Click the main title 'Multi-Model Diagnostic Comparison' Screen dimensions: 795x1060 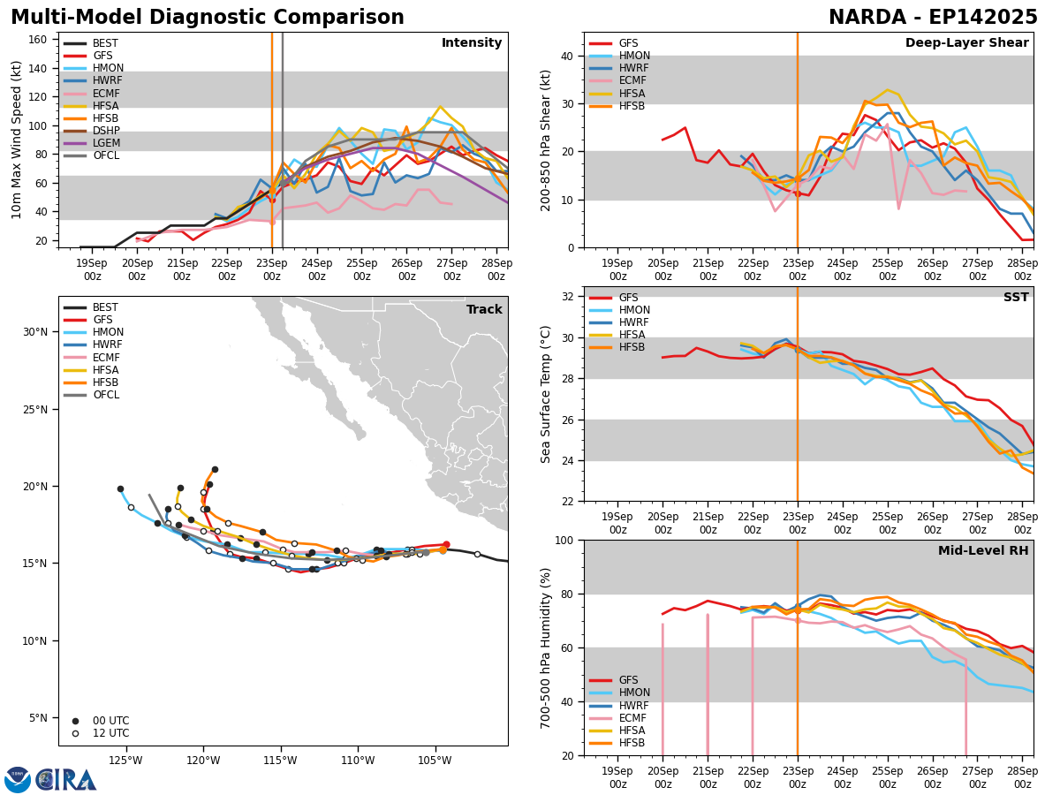[x=207, y=18]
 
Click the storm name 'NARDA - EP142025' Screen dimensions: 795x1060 [x=933, y=18]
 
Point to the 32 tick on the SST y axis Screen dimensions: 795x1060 [x=570, y=296]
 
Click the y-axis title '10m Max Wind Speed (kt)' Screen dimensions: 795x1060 [x=18, y=140]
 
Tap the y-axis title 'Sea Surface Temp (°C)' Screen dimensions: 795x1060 [x=546, y=394]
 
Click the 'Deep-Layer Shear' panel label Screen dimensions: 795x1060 [x=966, y=43]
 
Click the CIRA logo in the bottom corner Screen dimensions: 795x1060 [x=51, y=780]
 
